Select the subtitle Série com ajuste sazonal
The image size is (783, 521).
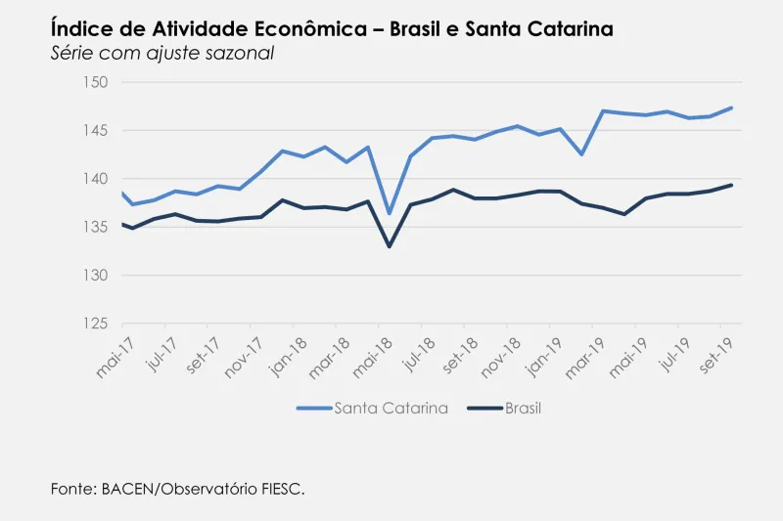[x=161, y=53]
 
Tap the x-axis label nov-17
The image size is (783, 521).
[x=244, y=357]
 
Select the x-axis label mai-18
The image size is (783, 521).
[x=373, y=357]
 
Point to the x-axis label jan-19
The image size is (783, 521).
[x=546, y=357]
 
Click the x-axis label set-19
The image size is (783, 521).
[x=719, y=357]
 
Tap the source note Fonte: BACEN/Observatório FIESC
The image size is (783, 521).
[x=177, y=488]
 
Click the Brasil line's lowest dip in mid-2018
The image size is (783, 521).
[x=390, y=246]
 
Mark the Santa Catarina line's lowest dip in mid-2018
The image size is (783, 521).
[x=390, y=213]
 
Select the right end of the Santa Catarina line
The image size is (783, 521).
[x=731, y=108]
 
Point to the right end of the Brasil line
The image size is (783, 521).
[x=731, y=185]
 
